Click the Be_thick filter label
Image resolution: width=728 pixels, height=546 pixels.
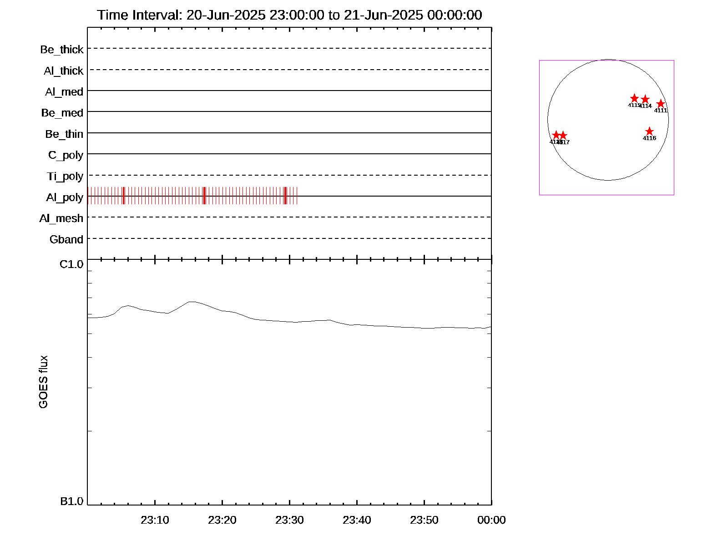pyautogui.click(x=62, y=50)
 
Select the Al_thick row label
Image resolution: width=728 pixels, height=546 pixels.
pyautogui.click(x=64, y=71)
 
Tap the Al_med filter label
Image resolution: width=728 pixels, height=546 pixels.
pyautogui.click(x=64, y=92)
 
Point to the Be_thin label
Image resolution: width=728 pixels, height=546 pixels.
pyautogui.click(x=64, y=134)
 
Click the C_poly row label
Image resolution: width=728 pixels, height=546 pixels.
pyautogui.click(x=66, y=156)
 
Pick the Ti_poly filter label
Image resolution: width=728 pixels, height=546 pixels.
pyautogui.click(x=65, y=177)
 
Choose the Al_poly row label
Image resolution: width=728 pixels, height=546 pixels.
pyautogui.click(x=65, y=197)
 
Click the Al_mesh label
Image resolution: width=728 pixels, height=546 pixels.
pyautogui.click(x=61, y=218)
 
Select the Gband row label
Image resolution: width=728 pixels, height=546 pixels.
pyautogui.click(x=66, y=240)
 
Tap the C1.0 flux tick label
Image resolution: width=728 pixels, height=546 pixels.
pyautogui.click(x=71, y=264)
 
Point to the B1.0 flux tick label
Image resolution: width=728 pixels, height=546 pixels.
pyautogui.click(x=71, y=501)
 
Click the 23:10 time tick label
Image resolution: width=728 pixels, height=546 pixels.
pyautogui.click(x=155, y=520)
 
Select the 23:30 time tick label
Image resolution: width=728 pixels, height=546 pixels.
pyautogui.click(x=289, y=520)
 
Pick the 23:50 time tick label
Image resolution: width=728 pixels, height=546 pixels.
pyautogui.click(x=424, y=520)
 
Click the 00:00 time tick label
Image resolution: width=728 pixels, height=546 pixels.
pyautogui.click(x=491, y=520)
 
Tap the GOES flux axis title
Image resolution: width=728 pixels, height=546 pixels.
pyautogui.click(x=43, y=382)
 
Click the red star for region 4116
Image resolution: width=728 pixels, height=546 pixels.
pyautogui.click(x=649, y=131)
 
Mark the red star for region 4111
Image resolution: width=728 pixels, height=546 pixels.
pyautogui.click(x=661, y=104)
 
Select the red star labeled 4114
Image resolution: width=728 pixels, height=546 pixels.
pyautogui.click(x=645, y=99)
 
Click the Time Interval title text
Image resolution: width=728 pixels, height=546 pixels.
pyautogui.click(x=289, y=15)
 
